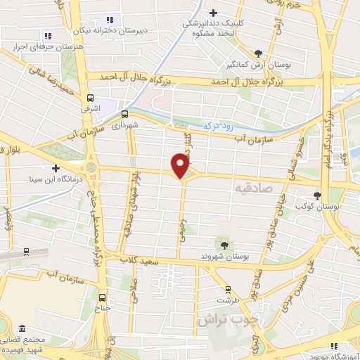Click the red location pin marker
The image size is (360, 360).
click(x=181, y=165)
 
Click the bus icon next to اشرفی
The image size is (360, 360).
click(x=89, y=99)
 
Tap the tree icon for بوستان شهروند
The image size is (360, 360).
click(x=224, y=245)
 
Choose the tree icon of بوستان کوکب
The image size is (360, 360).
click(x=319, y=195)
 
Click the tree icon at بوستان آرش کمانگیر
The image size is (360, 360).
click(x=259, y=53)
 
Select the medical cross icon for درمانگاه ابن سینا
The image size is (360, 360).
click(x=56, y=168)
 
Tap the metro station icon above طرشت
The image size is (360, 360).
click(x=227, y=289)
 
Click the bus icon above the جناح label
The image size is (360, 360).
click(x=103, y=297)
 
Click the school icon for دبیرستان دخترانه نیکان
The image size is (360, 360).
click(x=108, y=20)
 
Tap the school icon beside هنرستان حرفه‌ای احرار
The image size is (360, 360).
click(x=48, y=35)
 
